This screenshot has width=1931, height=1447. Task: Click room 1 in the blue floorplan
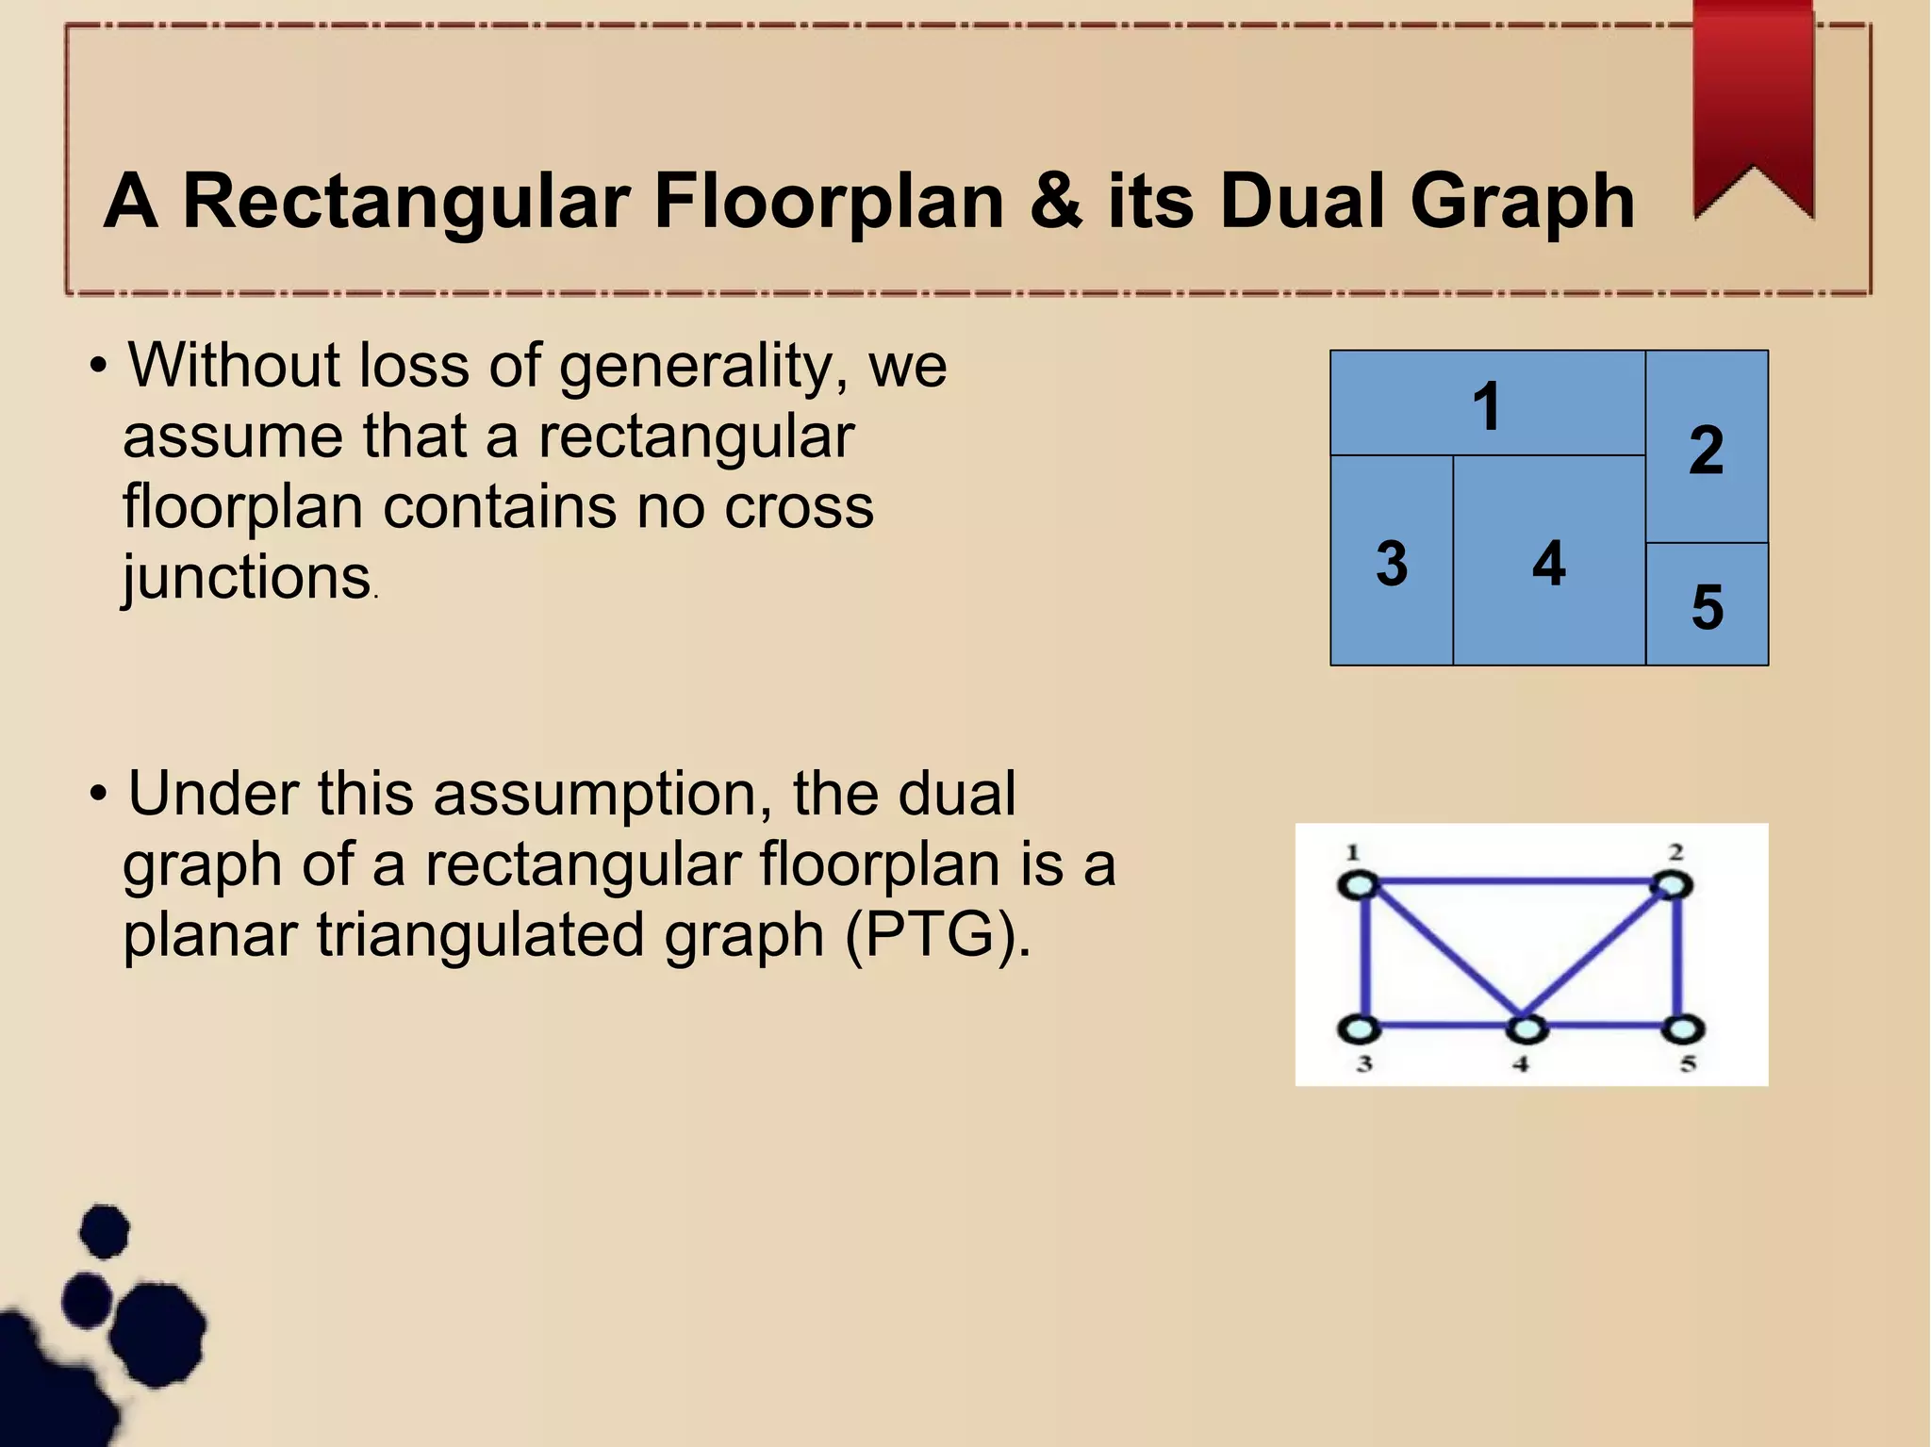(x=1487, y=405)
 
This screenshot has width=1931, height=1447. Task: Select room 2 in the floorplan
(x=1707, y=449)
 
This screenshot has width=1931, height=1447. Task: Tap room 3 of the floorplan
(x=1391, y=563)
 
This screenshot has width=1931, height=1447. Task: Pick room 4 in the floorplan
(x=1548, y=563)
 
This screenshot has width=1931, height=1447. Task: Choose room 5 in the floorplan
(x=1707, y=605)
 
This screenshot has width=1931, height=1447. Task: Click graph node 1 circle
(x=1359, y=886)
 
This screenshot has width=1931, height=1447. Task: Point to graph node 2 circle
(x=1672, y=885)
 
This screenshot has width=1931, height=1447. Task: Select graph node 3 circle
(x=1360, y=1028)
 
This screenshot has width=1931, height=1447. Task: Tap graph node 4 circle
(x=1527, y=1028)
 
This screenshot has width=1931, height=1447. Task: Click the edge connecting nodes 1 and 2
(x=1515, y=882)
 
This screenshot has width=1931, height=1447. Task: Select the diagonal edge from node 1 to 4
(x=1443, y=958)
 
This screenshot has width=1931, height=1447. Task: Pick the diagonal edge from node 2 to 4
(x=1599, y=957)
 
